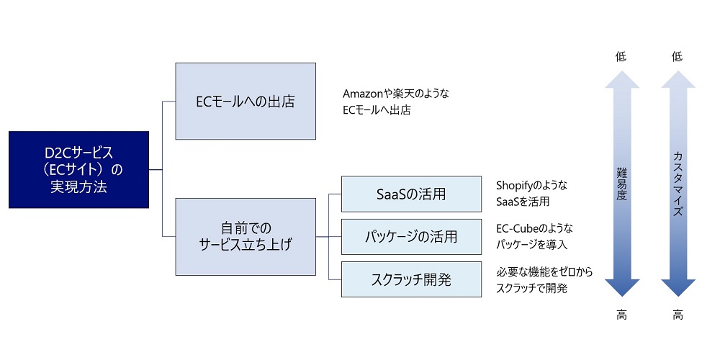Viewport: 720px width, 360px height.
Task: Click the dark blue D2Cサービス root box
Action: (x=78, y=170)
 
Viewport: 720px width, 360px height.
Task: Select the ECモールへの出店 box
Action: (x=246, y=102)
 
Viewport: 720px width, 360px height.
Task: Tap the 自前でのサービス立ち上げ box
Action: (x=246, y=236)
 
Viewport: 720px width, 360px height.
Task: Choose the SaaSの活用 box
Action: (x=411, y=194)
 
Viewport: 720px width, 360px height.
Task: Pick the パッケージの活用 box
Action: (x=411, y=236)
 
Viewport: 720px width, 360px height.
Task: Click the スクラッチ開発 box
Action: (x=411, y=279)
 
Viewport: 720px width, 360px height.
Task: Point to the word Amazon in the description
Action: (x=364, y=94)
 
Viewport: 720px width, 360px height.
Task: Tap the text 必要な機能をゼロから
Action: (x=544, y=272)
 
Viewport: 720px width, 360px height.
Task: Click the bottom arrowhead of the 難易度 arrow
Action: (x=622, y=287)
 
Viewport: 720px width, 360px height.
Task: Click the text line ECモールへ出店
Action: (x=377, y=110)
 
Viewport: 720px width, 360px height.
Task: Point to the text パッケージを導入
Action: (x=531, y=245)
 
